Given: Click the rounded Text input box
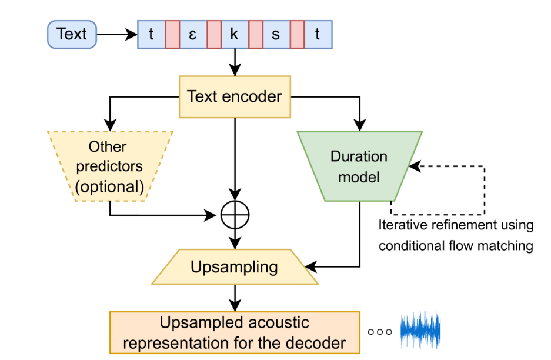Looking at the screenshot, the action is coord(72,35).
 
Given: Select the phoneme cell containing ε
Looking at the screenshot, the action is coord(193,35).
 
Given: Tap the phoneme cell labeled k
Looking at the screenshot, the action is coord(235,35).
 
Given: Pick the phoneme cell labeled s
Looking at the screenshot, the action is coord(276,35).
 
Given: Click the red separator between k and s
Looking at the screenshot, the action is coord(255,35).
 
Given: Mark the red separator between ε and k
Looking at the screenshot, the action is coord(214,35).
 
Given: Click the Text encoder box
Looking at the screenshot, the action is coord(235,96).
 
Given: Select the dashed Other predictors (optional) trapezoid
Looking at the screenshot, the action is coord(110,166).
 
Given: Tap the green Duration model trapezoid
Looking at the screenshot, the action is coord(359,166).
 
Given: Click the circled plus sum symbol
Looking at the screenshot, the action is coord(235,215).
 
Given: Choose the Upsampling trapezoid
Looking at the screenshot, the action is coord(235,267).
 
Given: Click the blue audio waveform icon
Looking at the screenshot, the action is coord(420,330).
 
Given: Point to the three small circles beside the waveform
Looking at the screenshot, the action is coord(379,332).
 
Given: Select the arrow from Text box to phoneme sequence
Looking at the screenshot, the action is coord(117,35).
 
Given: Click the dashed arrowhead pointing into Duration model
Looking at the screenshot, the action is coord(415,166).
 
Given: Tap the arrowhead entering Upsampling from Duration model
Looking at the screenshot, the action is coord(311,267).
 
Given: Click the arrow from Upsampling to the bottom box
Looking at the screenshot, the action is coord(235,298).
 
